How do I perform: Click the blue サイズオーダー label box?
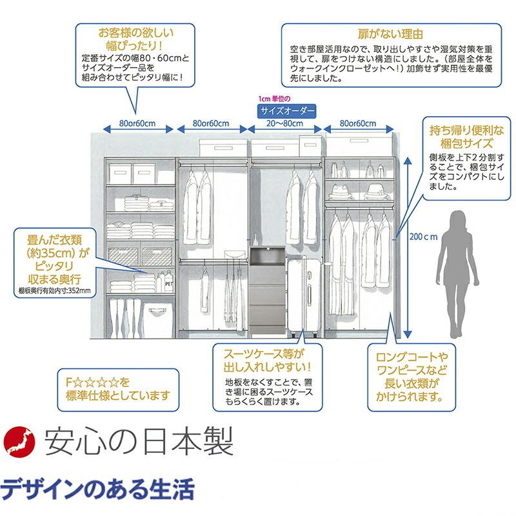coord(287,111)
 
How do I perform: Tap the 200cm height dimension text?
coord(422,236)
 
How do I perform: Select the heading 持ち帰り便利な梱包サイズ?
coord(461,137)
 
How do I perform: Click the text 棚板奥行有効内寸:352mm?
coord(55,291)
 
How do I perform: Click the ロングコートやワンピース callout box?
coord(412,377)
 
